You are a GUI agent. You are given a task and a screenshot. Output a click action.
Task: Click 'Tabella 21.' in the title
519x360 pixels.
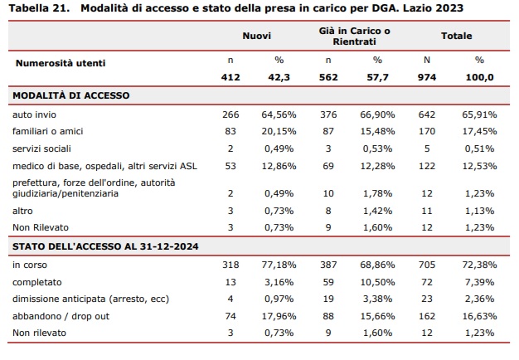point(39,8)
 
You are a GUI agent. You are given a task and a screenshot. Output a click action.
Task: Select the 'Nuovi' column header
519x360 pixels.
point(256,36)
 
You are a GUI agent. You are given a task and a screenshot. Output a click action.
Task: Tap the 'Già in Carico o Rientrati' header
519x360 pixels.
point(355,36)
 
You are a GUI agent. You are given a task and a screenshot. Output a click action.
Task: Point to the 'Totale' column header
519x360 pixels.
point(457,36)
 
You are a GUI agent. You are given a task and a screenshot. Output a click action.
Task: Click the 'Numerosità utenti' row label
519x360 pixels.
point(61,63)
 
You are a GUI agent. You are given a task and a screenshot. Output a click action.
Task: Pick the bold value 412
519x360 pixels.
point(230,77)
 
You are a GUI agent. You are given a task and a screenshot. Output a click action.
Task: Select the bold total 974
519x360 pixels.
point(427,77)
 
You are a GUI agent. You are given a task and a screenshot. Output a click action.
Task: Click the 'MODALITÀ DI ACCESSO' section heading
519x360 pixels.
point(70,95)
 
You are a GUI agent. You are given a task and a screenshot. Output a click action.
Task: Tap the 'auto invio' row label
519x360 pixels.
point(35,114)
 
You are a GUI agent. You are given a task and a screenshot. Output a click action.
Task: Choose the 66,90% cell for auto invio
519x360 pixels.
point(378,114)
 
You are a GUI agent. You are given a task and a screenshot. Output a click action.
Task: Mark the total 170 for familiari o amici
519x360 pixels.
point(427,132)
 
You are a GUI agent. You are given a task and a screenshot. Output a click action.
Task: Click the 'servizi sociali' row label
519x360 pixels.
point(41,148)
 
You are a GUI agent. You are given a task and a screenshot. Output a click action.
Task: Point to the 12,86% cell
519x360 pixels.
point(279,166)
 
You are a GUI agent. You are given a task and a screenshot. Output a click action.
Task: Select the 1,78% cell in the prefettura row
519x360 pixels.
point(378,193)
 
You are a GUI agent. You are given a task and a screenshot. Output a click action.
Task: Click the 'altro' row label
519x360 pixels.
point(22,211)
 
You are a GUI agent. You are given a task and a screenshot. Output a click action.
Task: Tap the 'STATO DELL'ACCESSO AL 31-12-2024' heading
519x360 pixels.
point(105,246)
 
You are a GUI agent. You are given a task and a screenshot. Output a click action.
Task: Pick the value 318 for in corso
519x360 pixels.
point(230,265)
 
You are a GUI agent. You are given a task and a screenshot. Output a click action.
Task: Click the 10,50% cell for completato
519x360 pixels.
point(378,282)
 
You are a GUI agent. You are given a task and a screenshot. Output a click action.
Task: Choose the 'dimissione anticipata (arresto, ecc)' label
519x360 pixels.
point(90,299)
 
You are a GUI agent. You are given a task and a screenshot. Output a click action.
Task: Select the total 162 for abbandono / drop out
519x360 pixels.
point(427,316)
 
